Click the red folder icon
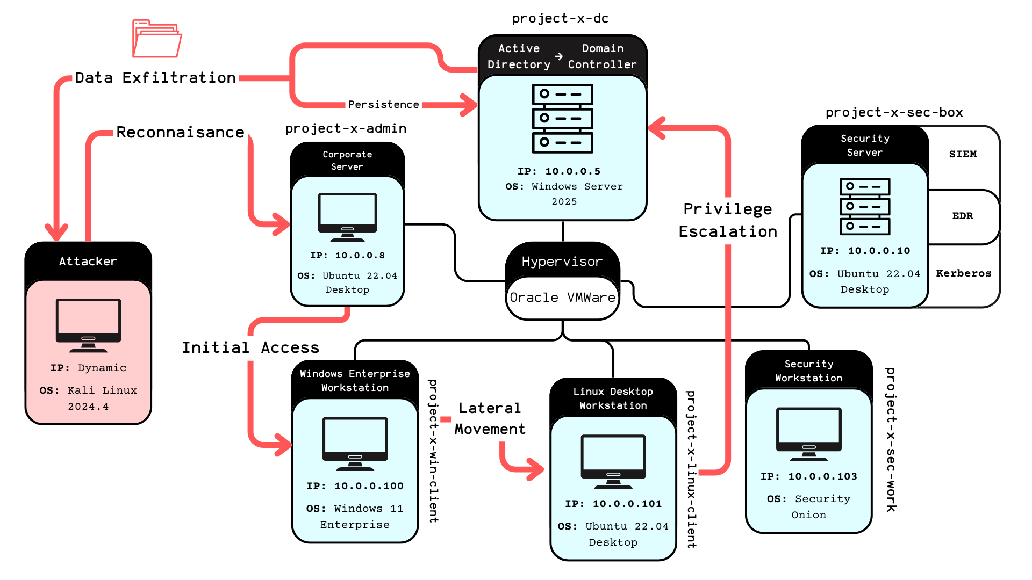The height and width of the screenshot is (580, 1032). point(157,39)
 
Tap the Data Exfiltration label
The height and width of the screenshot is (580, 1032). point(155,78)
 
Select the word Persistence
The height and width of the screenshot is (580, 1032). point(383,105)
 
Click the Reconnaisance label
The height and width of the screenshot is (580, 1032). point(180,132)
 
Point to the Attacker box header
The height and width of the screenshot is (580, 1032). point(88,262)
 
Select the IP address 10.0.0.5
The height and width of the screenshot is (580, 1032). point(572,171)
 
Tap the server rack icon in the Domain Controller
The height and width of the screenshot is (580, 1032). point(562,118)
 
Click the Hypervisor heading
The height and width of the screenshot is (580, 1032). point(562,262)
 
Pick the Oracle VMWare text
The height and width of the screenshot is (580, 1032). point(562,298)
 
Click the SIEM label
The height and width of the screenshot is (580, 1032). point(963,154)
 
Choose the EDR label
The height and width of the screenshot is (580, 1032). point(963,216)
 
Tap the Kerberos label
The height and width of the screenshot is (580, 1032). point(964,273)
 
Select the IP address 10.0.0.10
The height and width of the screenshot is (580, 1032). point(879,251)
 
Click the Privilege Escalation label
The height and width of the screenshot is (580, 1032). point(728,220)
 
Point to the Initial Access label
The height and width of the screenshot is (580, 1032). point(250,347)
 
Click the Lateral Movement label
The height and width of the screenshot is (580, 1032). point(490,418)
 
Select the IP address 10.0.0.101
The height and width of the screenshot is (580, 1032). point(627,504)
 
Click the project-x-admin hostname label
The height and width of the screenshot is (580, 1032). point(346,128)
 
